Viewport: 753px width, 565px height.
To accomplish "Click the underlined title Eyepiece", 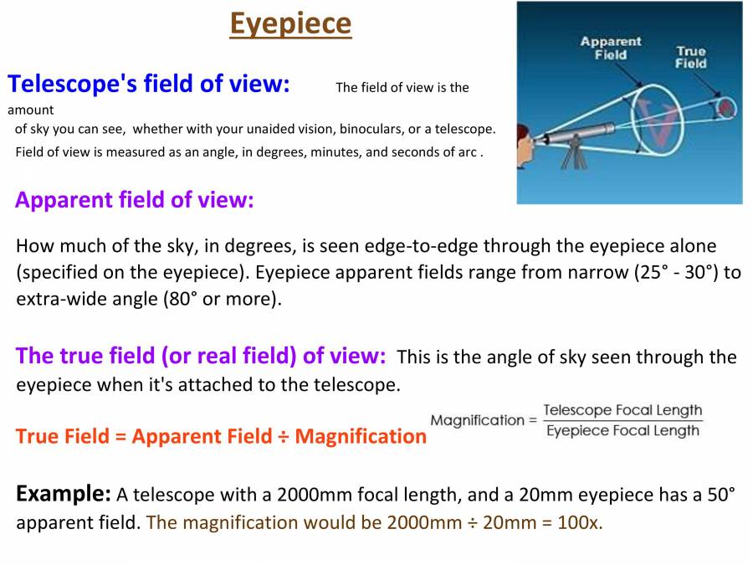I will pyautogui.click(x=290, y=24).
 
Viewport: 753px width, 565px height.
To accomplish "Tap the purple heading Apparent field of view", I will pyautogui.click(x=134, y=200).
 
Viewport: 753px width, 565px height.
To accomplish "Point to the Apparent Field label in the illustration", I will pyautogui.click(x=610, y=48).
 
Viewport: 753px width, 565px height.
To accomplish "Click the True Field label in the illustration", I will pyautogui.click(x=691, y=57).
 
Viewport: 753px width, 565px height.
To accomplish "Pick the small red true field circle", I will pyautogui.click(x=725, y=107).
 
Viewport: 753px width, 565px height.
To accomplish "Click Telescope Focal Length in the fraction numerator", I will pyautogui.click(x=622, y=411).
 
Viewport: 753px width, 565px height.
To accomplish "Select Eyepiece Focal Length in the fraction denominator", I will pyautogui.click(x=622, y=431).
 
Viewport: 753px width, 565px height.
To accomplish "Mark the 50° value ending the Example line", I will pyautogui.click(x=720, y=495).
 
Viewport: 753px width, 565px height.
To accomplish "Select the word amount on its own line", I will pyautogui.click(x=31, y=110).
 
